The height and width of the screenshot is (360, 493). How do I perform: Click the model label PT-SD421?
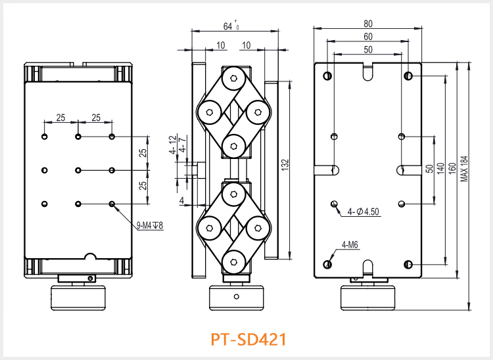248,340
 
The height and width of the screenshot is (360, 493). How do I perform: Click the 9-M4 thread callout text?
150,227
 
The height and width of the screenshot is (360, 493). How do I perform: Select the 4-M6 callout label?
349,246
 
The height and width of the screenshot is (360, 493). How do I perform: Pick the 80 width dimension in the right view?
367,24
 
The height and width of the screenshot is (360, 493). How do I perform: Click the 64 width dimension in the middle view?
229,27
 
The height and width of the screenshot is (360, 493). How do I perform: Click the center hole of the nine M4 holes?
78,170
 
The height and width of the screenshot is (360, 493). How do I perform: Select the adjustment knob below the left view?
78,298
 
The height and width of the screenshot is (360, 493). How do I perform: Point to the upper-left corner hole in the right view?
327,76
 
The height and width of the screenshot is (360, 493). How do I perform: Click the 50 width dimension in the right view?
367,49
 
